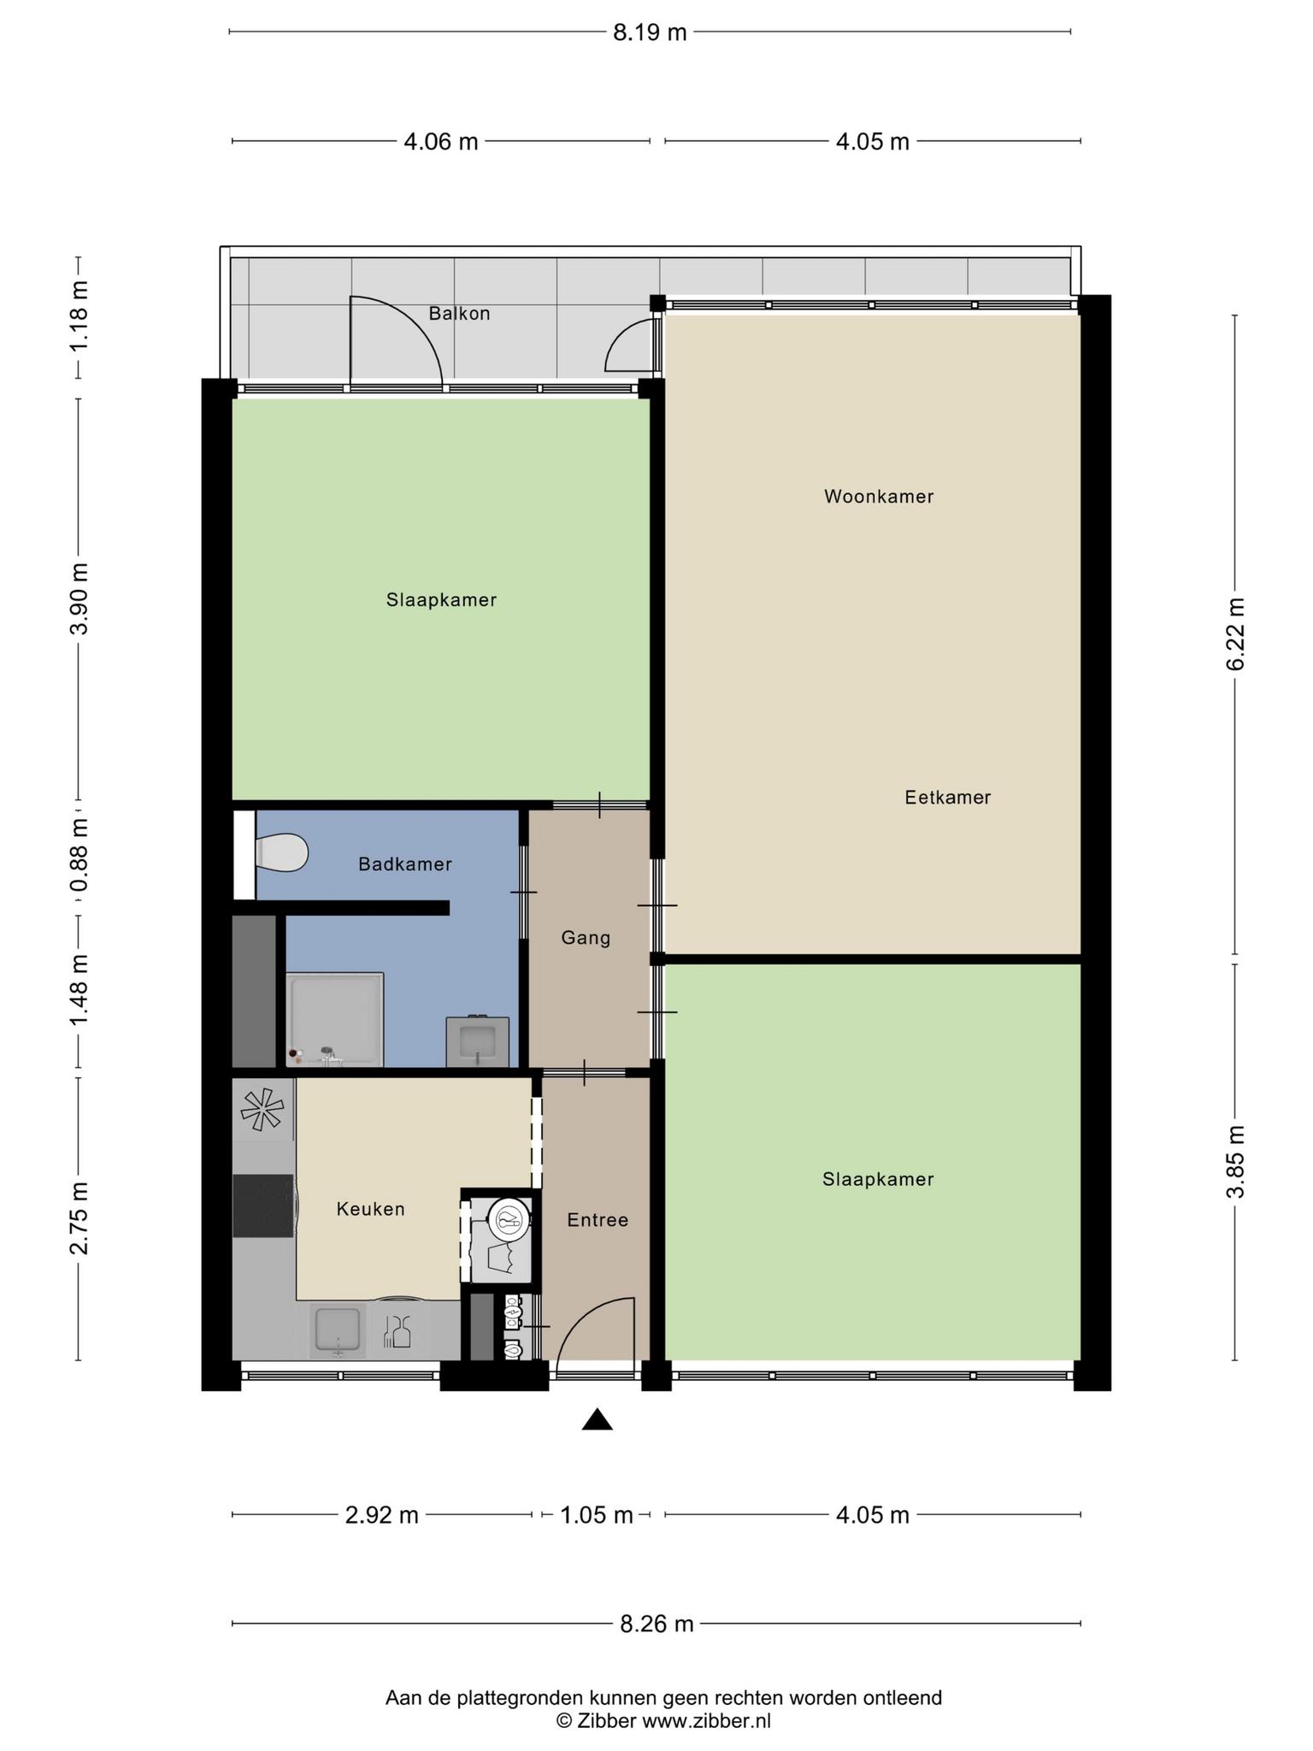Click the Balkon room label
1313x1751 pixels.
point(459,314)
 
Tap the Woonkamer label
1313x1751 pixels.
point(879,497)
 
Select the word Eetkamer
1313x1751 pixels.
point(948,798)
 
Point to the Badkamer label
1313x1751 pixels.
point(405,864)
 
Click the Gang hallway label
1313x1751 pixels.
point(586,938)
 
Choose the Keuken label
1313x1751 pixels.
point(371,1209)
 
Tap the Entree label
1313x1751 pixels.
point(598,1220)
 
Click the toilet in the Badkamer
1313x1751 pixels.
point(281,852)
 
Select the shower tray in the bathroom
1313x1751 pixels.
point(335,1019)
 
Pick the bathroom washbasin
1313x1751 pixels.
point(478,1041)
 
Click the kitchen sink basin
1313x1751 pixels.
point(338,1331)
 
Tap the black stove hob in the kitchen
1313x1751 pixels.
point(264,1206)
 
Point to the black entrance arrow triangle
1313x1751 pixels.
point(598,1419)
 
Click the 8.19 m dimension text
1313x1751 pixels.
point(650,32)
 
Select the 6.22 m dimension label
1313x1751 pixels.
point(1235,634)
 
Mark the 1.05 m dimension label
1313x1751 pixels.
point(597,1515)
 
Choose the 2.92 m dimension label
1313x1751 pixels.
point(382,1515)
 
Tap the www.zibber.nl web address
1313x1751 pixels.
point(707,1721)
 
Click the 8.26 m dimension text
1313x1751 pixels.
point(656,1624)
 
